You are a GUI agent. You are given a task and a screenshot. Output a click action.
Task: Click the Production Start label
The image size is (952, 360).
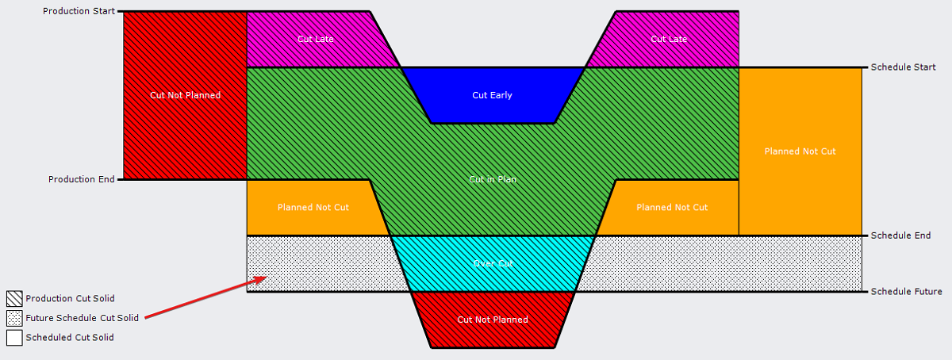[79, 11]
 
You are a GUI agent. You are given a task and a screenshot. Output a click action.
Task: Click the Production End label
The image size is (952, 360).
[82, 179]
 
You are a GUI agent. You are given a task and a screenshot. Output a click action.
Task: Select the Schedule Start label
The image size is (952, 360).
[903, 67]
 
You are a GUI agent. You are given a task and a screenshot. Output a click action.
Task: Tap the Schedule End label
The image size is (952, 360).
[900, 236]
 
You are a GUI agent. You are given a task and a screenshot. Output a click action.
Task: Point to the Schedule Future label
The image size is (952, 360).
[906, 292]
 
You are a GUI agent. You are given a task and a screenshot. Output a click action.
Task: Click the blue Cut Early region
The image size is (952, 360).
[492, 95]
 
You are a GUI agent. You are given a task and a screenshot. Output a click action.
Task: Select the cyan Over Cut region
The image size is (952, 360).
[492, 263]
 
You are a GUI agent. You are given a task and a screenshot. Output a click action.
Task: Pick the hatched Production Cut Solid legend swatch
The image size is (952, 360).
[14, 299]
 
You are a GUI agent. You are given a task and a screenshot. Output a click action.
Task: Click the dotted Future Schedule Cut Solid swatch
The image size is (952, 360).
[14, 318]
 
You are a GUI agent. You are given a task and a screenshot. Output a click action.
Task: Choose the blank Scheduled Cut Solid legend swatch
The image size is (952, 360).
[14, 337]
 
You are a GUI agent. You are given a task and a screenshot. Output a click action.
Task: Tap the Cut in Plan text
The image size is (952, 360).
[493, 179]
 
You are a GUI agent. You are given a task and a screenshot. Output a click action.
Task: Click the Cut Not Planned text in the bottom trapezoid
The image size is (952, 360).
[493, 320]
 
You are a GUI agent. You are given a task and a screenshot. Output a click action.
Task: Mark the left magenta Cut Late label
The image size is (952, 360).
[315, 39]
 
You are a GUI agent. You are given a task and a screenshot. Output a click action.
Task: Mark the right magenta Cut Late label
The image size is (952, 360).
[669, 39]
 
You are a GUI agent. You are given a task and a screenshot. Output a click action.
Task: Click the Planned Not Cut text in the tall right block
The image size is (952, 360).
[800, 151]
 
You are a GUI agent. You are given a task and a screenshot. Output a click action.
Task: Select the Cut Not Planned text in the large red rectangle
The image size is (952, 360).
[185, 95]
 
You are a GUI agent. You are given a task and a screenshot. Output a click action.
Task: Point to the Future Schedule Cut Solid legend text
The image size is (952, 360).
[82, 318]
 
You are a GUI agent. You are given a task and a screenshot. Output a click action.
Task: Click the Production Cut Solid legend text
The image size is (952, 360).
[70, 299]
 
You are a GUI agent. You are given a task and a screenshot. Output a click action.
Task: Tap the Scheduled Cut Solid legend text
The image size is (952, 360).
[70, 337]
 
